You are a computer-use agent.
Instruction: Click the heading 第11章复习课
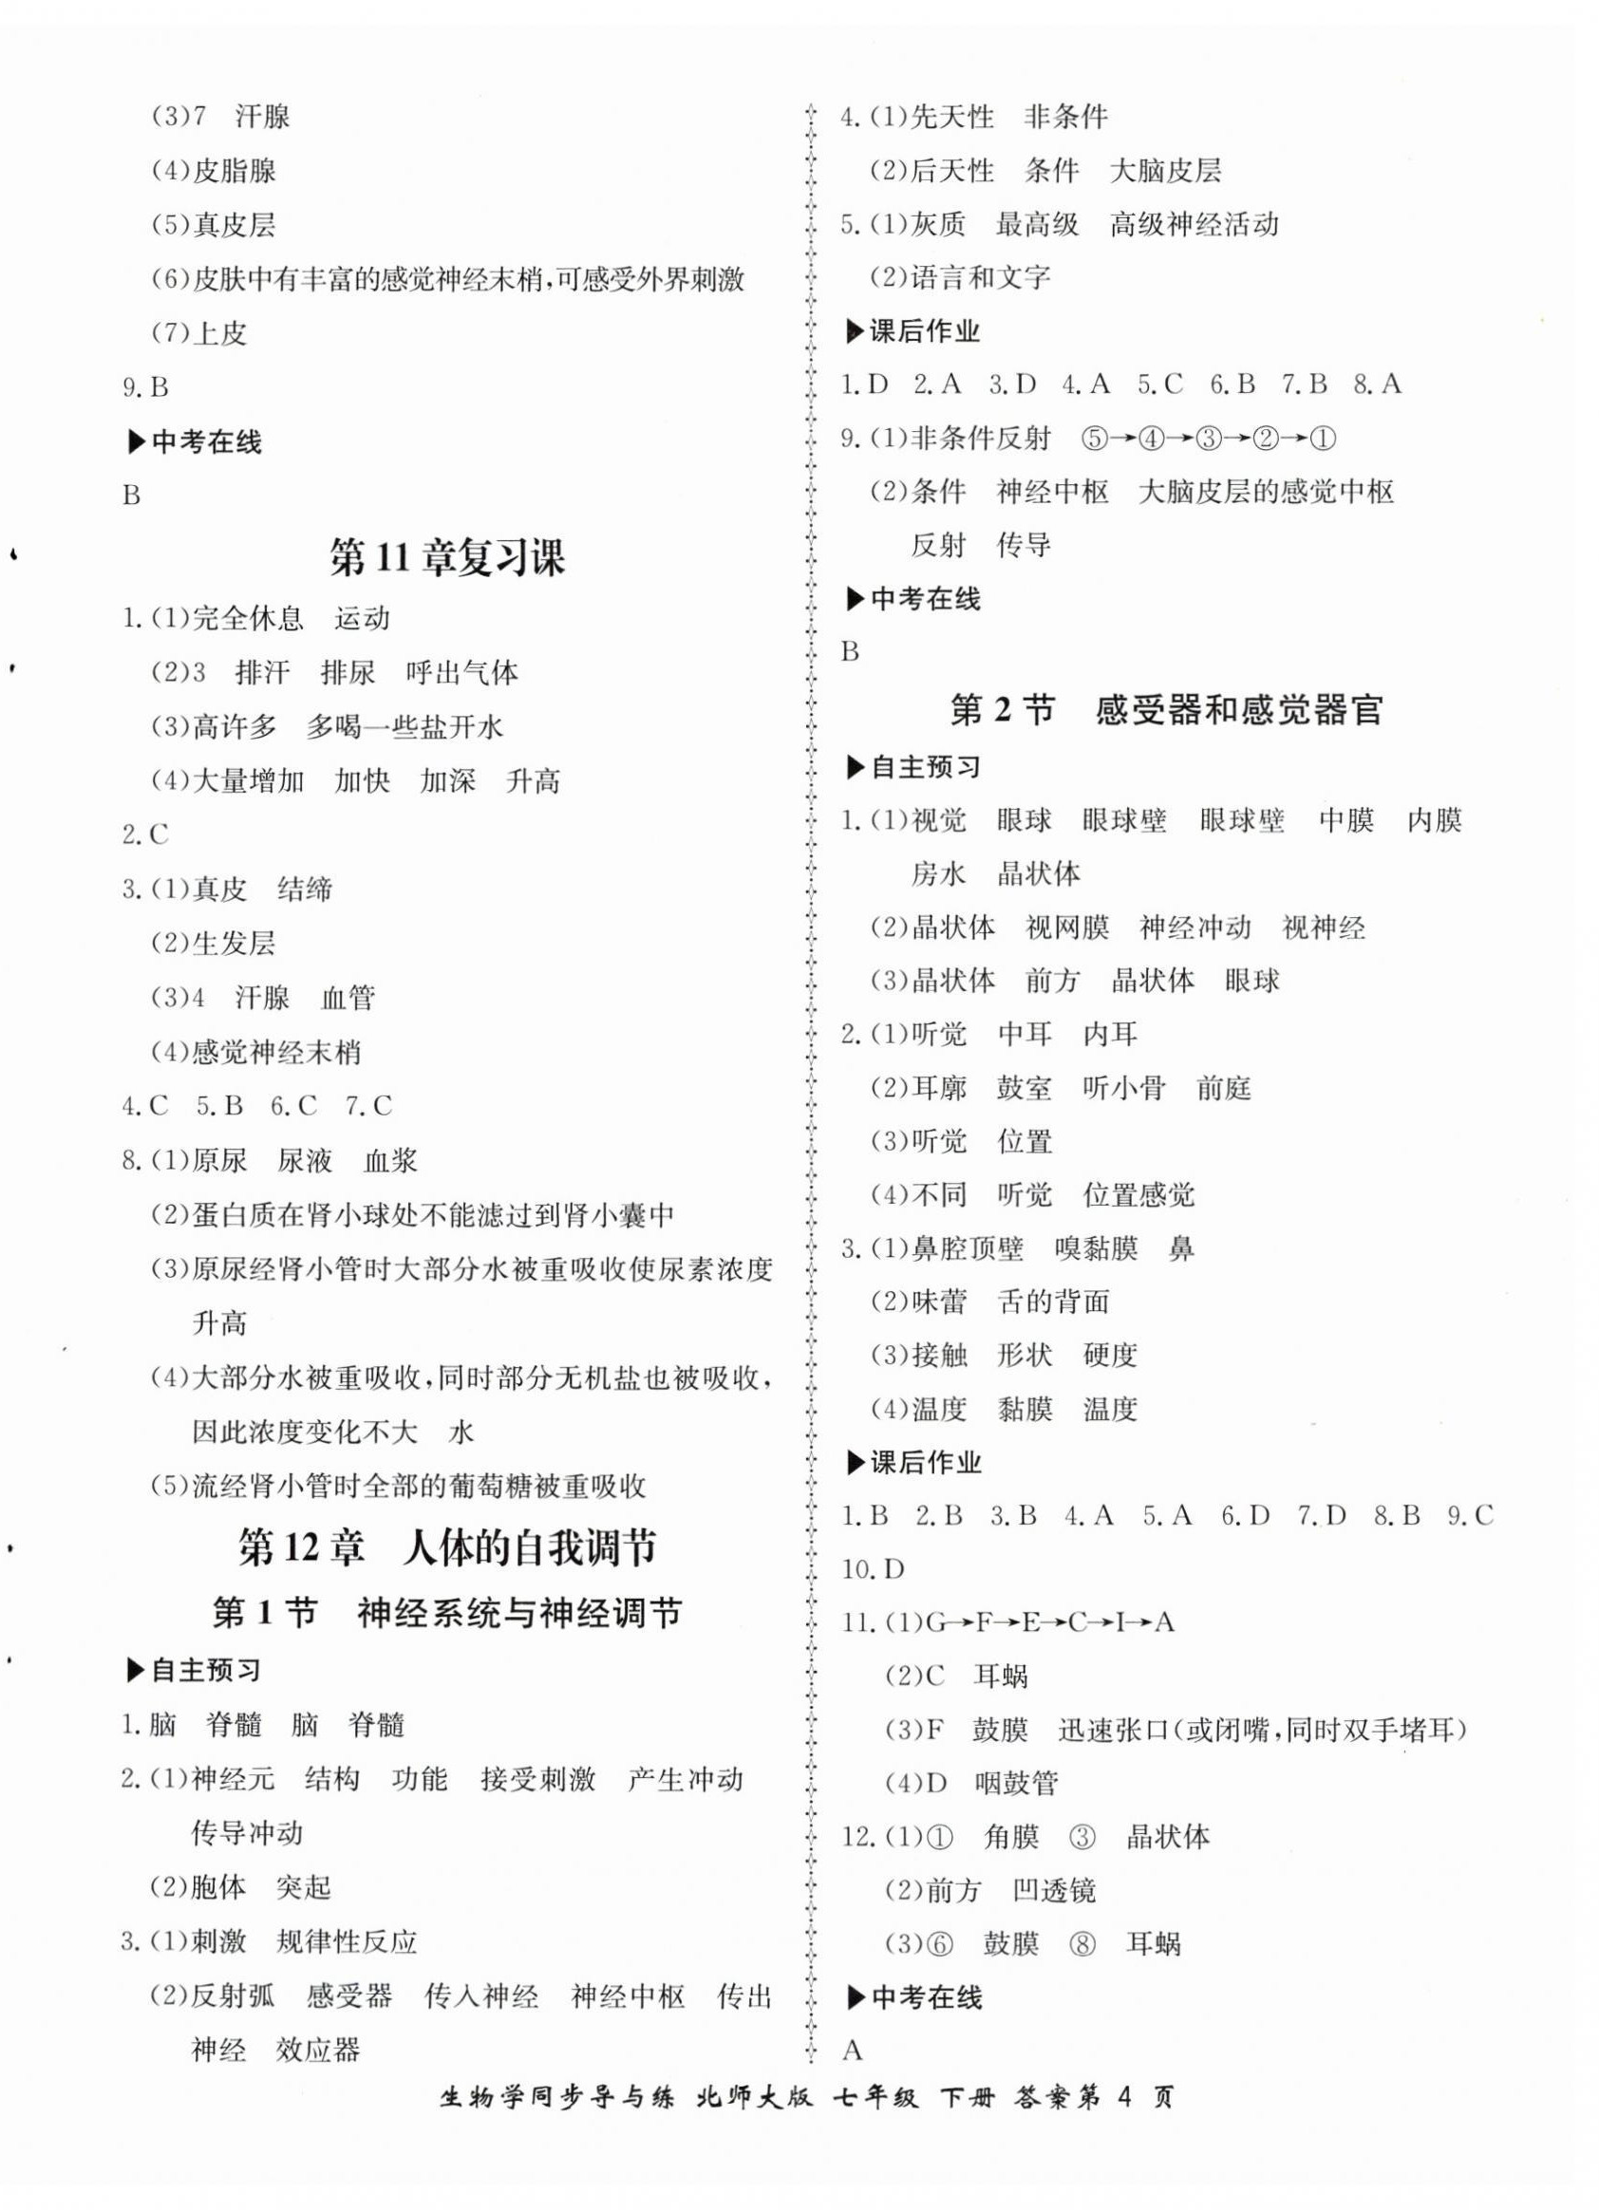click(x=447, y=558)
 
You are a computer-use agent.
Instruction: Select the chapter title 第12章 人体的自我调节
click(x=447, y=1547)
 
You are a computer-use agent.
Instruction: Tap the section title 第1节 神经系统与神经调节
click(x=447, y=1614)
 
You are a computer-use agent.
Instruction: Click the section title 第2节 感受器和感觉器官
click(x=1166, y=710)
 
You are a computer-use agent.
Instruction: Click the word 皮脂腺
click(x=234, y=172)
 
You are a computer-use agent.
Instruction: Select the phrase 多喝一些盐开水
click(x=404, y=727)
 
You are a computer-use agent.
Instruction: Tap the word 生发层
click(x=234, y=944)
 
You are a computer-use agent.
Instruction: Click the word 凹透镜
click(x=1054, y=1891)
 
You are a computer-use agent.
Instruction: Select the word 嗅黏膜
click(x=1096, y=1248)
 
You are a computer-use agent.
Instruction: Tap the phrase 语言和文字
click(x=980, y=278)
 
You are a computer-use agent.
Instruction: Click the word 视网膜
click(x=1067, y=927)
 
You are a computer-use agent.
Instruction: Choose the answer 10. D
click(x=873, y=1569)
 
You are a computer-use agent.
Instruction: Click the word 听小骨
click(x=1124, y=1088)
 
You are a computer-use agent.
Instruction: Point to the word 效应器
click(x=318, y=2050)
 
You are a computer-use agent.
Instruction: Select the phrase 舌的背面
click(x=1053, y=1302)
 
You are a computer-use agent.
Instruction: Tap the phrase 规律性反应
click(x=347, y=1941)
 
